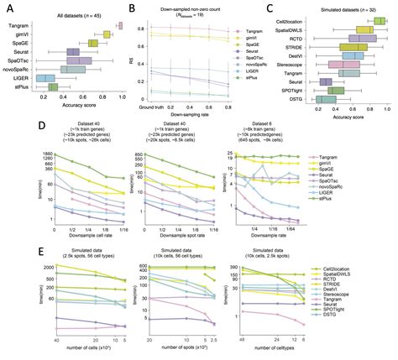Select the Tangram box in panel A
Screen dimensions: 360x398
click(x=119, y=25)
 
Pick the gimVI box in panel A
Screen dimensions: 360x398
click(x=107, y=34)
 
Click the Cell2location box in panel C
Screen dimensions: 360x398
click(x=364, y=20)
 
